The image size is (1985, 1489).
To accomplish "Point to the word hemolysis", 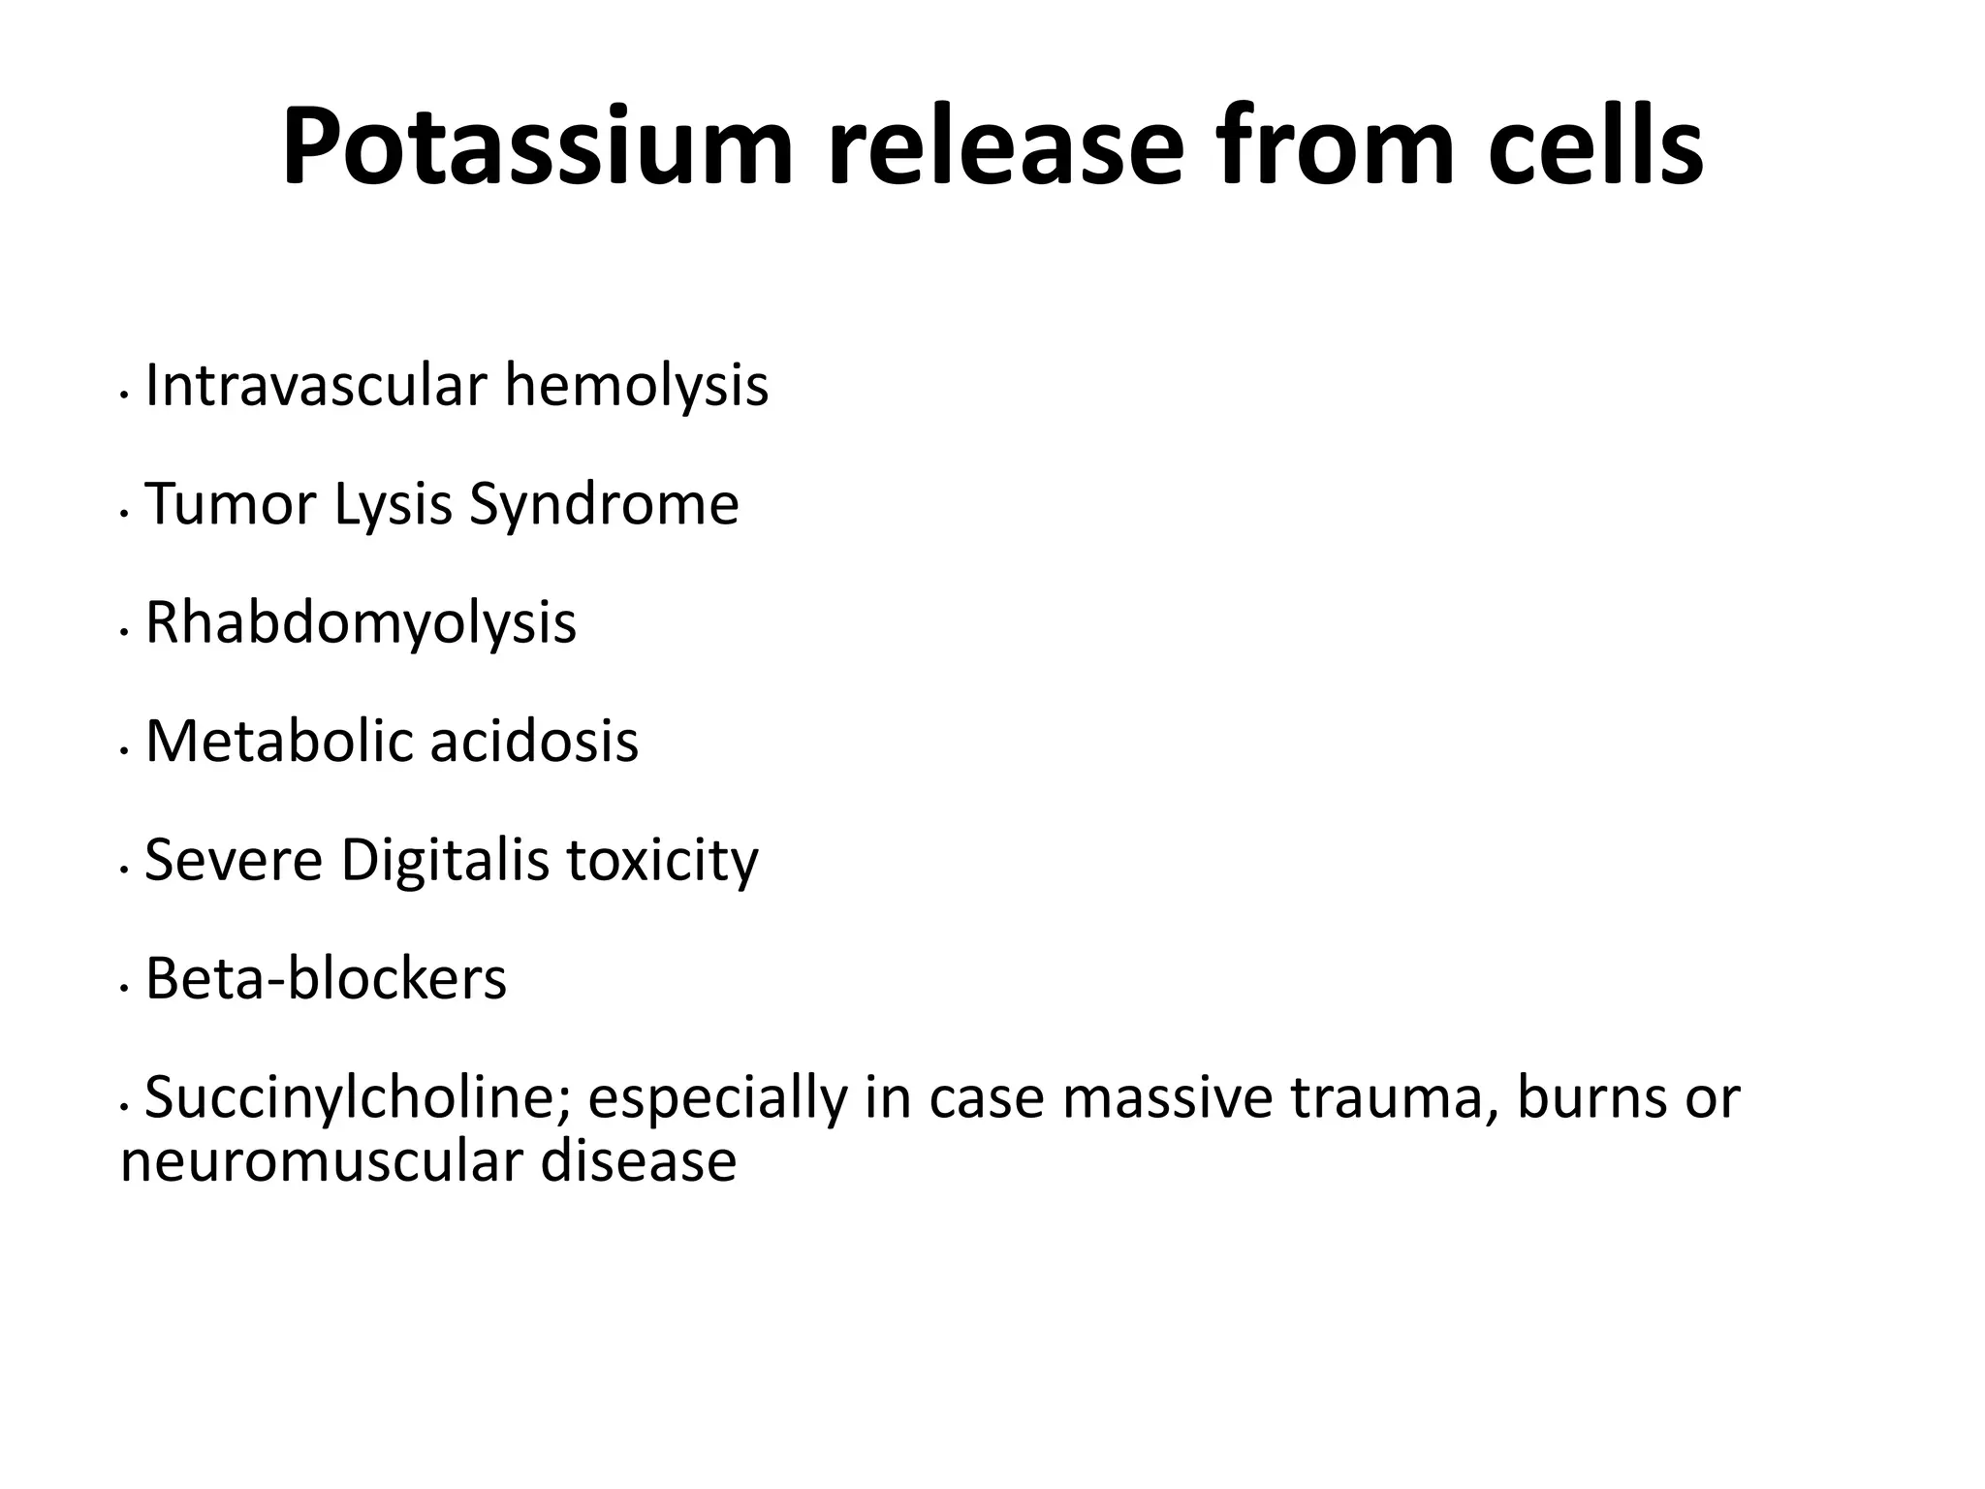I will click(x=636, y=385).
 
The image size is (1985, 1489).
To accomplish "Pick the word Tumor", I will click(x=230, y=504).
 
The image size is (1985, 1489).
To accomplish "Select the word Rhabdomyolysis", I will click(x=361, y=622).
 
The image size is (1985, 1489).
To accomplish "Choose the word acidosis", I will click(x=534, y=742).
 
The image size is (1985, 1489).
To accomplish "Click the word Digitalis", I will click(x=445, y=860).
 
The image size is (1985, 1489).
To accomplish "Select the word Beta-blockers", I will click(x=326, y=979).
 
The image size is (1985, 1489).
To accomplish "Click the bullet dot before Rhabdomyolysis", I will click(x=123, y=632).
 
